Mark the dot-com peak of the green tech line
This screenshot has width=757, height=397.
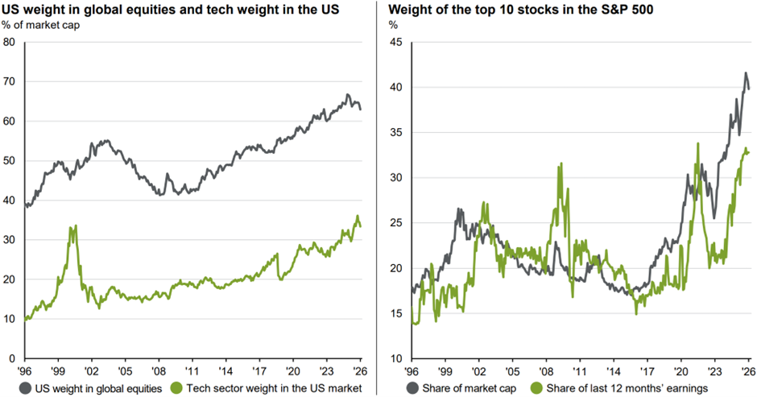tap(75, 226)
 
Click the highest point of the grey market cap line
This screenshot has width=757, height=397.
tap(745, 72)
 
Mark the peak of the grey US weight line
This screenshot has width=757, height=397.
tap(347, 95)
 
